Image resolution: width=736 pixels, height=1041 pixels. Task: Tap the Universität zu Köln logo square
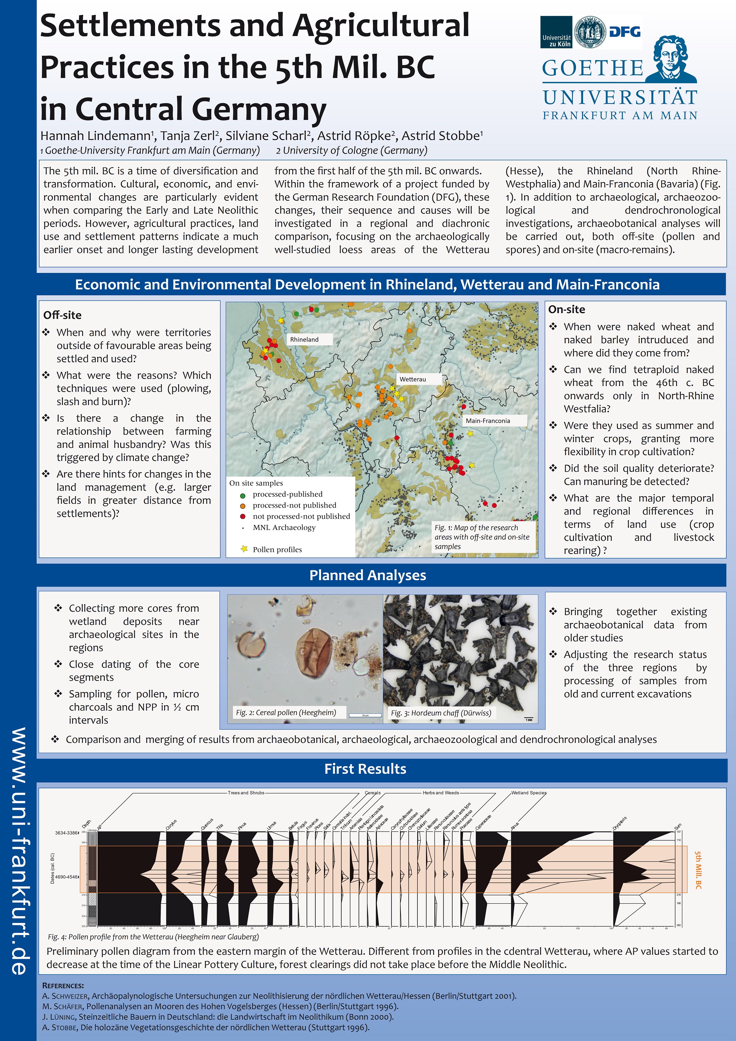556,32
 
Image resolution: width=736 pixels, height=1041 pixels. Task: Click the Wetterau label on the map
412,379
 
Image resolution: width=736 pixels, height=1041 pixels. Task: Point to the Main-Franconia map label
488,421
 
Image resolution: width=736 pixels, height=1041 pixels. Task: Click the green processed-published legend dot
243,495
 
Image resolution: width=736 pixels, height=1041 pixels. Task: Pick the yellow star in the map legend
244,549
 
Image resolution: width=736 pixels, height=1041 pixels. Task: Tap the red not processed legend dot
243,517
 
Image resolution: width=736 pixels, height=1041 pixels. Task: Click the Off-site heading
63,315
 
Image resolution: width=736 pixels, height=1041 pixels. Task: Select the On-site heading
566,310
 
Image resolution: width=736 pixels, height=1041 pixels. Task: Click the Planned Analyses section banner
368,575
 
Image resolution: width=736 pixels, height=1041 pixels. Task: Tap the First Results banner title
365,768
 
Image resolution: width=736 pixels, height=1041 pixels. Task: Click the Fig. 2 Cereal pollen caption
286,712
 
